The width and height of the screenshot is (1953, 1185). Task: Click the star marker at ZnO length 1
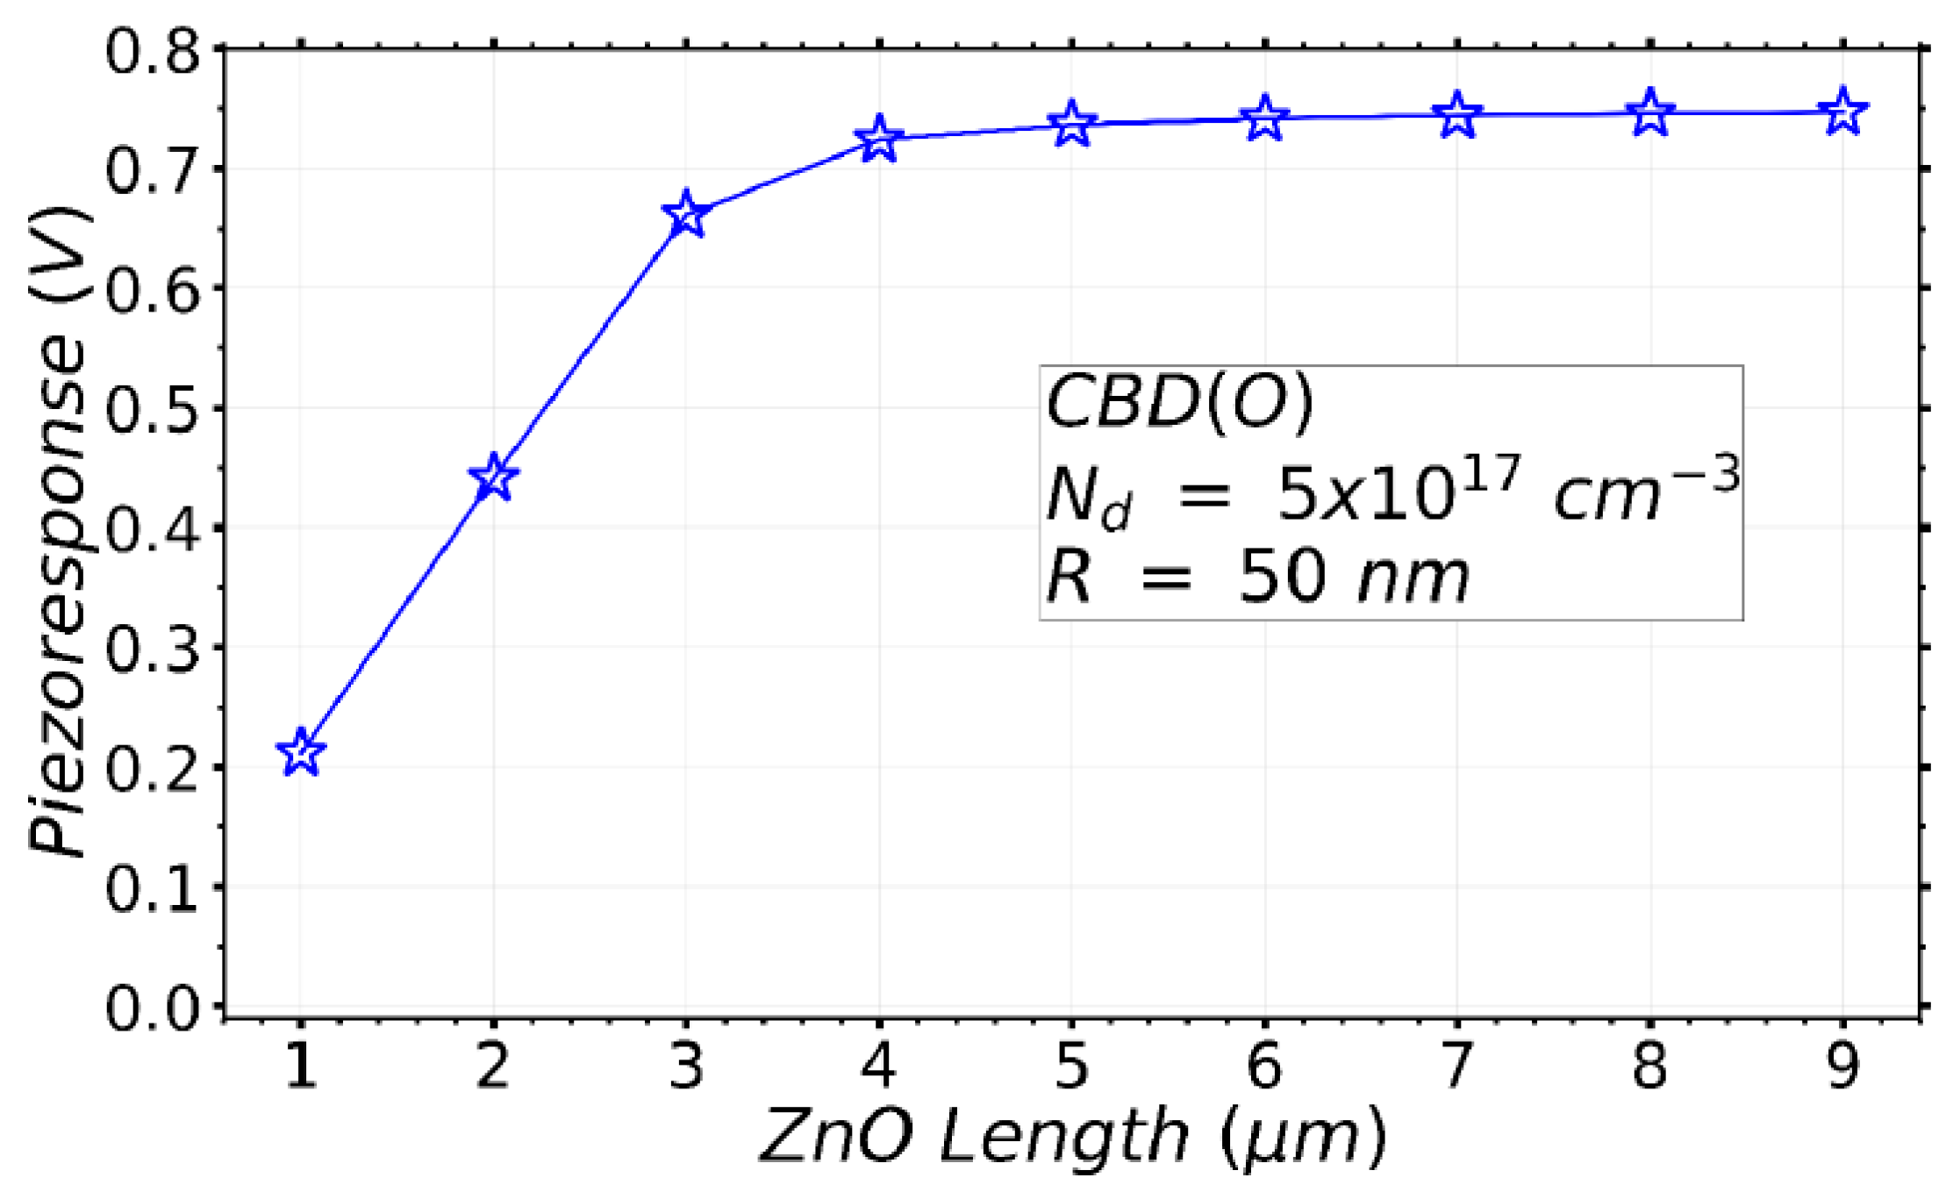[x=301, y=751]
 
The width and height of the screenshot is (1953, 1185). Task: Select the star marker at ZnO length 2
[x=494, y=478]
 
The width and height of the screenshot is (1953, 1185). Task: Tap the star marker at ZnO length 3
[x=686, y=213]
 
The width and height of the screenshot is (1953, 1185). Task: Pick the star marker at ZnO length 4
[x=879, y=139]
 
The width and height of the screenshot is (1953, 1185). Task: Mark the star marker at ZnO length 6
[x=1264, y=118]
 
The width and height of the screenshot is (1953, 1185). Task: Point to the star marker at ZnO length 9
[x=1842, y=111]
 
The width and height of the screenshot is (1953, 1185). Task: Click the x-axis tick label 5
[x=1071, y=1066]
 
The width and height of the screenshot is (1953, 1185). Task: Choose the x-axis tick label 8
[x=1649, y=1066]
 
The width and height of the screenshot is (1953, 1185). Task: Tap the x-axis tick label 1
[x=301, y=1066]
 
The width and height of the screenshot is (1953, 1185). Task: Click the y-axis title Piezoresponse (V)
[x=58, y=530]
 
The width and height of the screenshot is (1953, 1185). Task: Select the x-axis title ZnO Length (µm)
[x=1072, y=1138]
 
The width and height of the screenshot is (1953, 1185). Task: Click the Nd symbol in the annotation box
[x=1086, y=497]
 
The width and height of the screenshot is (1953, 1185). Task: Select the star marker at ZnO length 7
[x=1457, y=115]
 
